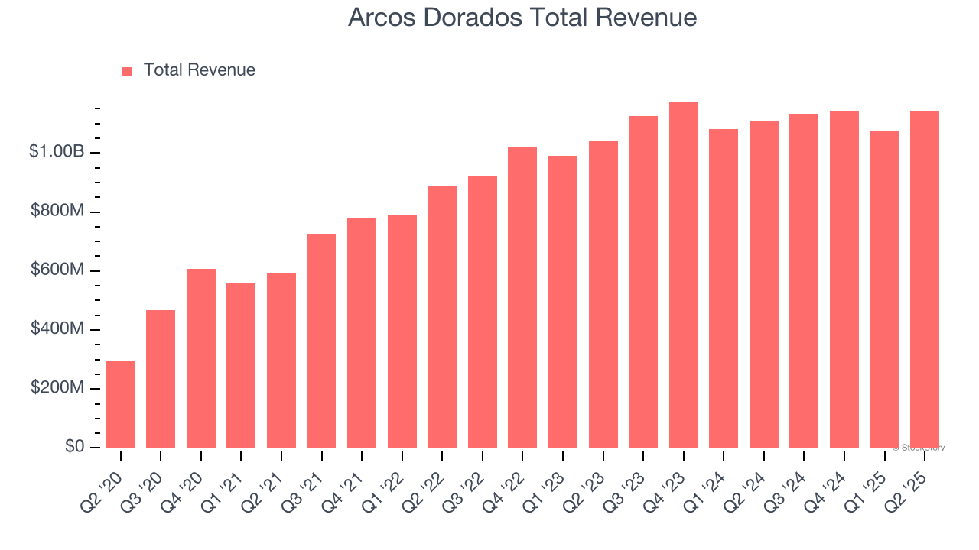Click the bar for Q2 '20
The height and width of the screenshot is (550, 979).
(121, 405)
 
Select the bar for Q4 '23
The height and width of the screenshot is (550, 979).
(683, 275)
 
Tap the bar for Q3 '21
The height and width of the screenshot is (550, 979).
(321, 341)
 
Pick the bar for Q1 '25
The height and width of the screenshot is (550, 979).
(884, 290)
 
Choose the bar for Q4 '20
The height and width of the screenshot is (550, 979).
(201, 358)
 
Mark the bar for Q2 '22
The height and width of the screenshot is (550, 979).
(442, 317)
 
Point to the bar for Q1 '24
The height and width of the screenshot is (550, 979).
(724, 289)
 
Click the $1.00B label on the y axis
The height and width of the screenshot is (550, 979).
(56, 152)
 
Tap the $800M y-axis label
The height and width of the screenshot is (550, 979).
(57, 211)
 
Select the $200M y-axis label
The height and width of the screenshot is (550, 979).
(57, 388)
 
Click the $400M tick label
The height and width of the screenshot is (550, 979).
(57, 329)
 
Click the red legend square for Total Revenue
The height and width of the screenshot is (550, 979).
(127, 71)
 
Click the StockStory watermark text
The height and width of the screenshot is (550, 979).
(920, 448)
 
